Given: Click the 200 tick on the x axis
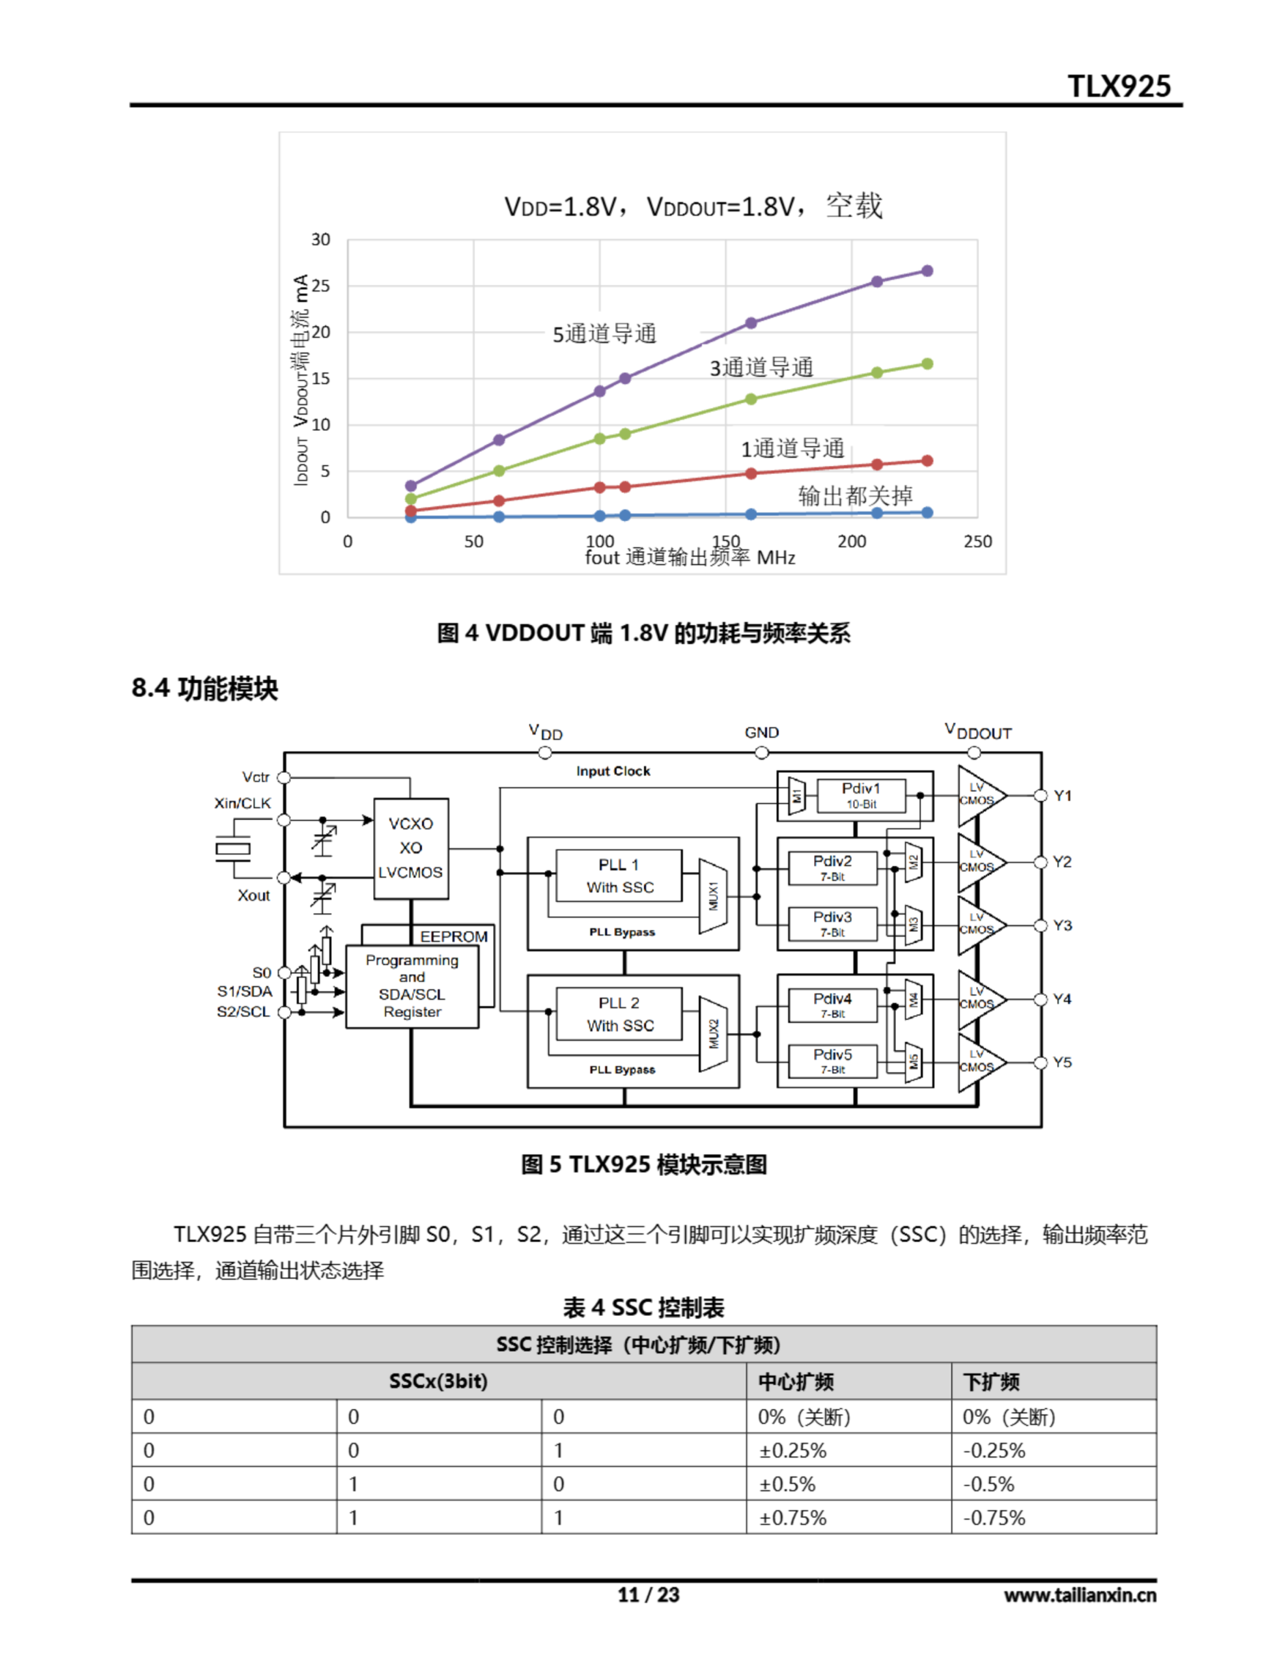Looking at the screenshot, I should click(851, 541).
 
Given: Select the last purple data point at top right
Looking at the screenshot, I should click(927, 271).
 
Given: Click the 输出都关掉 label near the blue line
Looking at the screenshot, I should click(855, 496).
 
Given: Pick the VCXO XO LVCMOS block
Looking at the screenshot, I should click(411, 848).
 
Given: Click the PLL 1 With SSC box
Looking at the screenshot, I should click(619, 875).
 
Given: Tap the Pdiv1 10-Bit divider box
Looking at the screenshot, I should click(861, 794).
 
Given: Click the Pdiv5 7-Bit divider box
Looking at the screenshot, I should click(832, 1060).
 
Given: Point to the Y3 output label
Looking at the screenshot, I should click(1062, 925).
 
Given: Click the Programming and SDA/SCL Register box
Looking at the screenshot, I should click(412, 986).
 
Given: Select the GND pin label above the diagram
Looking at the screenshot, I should click(761, 733).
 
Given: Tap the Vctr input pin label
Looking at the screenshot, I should click(256, 777).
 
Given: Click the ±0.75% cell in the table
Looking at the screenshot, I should click(792, 1517).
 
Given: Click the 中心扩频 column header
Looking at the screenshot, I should click(796, 1382).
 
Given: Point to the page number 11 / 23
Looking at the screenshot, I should click(648, 1595).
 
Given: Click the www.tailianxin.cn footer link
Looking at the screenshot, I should click(1080, 1595).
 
